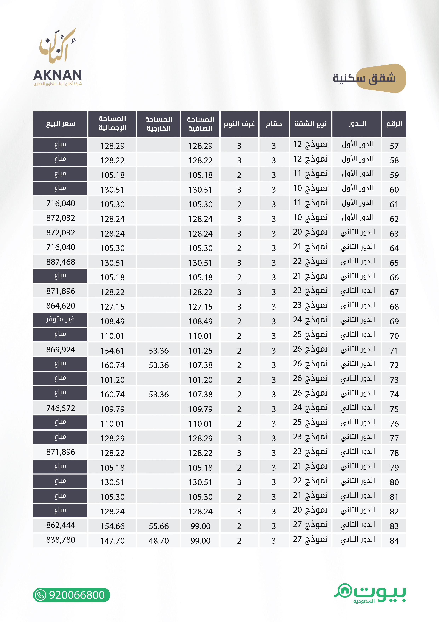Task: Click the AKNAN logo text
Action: [x=57, y=75]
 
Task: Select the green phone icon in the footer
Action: [x=41, y=595]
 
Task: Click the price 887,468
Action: [x=60, y=262]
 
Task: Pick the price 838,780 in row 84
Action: [x=60, y=540]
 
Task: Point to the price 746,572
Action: [x=60, y=408]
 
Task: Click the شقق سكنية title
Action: [x=364, y=78]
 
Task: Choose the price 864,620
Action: [x=60, y=306]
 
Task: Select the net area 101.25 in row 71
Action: [x=200, y=351]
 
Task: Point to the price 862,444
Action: [x=60, y=525]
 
